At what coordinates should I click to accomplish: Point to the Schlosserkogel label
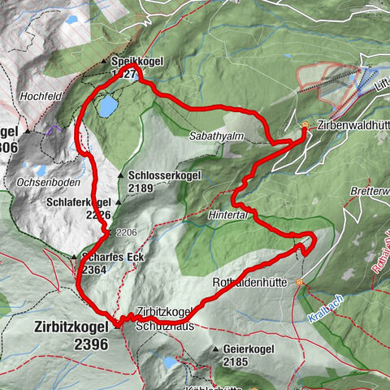[160, 175]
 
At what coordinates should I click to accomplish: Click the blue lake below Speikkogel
[106, 105]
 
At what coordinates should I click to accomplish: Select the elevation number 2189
[141, 187]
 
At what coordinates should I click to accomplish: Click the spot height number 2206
[125, 232]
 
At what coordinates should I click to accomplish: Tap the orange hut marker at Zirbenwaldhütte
[305, 126]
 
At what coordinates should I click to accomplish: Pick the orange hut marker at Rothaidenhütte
[300, 283]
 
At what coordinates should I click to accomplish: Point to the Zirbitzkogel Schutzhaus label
[165, 316]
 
